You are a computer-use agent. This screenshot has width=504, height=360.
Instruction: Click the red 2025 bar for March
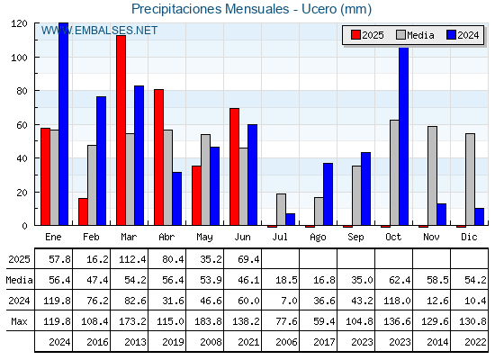coord(121,130)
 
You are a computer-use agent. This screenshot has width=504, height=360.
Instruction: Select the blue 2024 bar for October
coord(404,136)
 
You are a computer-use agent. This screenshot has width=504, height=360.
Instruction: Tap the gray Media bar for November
coord(432,175)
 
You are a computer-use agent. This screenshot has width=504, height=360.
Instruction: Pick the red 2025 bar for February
coord(83,211)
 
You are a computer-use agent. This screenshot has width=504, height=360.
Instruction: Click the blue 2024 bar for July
coord(290,220)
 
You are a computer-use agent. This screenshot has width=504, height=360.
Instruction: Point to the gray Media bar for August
coord(319,211)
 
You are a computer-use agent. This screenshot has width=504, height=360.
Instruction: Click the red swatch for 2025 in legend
coord(355,35)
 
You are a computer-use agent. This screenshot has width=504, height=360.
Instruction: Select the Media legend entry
coord(415,35)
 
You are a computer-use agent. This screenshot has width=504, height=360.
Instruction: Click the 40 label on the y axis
coord(23,158)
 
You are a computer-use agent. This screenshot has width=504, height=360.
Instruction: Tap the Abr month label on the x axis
coord(166,237)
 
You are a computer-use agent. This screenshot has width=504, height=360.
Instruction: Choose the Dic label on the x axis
coord(469,237)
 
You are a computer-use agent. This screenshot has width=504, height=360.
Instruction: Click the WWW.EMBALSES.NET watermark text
coord(99,31)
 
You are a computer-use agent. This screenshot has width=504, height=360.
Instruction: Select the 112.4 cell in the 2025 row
coord(132,259)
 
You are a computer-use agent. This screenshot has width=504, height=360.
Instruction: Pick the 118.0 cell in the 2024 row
coord(397,301)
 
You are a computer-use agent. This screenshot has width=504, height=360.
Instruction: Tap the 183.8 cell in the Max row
coord(208,321)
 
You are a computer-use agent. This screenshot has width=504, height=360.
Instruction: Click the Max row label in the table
coord(19,321)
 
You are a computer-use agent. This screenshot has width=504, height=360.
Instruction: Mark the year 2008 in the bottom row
coord(211,342)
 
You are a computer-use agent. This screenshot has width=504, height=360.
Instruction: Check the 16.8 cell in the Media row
coord(324,280)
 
